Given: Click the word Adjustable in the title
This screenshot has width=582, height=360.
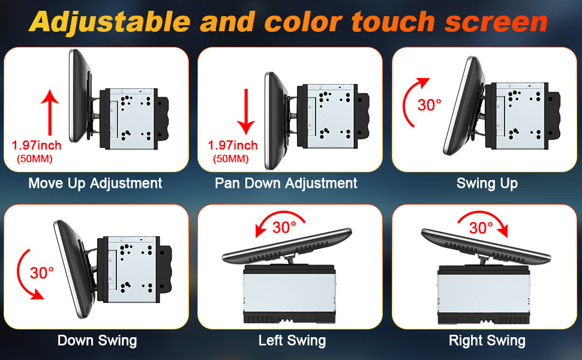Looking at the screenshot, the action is (109, 22).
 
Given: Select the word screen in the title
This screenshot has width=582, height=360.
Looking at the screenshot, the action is (496, 23).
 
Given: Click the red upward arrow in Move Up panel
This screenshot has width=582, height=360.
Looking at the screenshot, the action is (50, 112).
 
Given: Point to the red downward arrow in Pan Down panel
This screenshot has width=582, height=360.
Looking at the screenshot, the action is (246, 112).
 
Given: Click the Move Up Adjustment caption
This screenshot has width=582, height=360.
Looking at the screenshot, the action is (95, 184).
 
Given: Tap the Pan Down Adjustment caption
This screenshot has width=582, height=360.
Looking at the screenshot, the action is (286, 184).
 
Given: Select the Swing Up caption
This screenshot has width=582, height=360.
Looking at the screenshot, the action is (487, 184).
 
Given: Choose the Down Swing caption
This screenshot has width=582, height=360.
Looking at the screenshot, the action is (97, 341).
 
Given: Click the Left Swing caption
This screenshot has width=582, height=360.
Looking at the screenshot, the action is (292, 341).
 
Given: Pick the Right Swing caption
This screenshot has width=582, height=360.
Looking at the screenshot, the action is (487, 341).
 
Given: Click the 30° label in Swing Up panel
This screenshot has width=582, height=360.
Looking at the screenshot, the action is (430, 105).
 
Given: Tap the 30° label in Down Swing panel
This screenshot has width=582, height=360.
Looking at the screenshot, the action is (41, 273).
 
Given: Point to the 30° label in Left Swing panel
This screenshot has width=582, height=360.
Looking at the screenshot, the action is (284, 227).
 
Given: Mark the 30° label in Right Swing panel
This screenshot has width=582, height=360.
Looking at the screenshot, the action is (481, 227).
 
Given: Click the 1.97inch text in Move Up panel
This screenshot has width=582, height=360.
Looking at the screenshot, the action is (37, 145).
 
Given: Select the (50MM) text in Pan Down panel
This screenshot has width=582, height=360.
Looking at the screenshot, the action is (231, 159).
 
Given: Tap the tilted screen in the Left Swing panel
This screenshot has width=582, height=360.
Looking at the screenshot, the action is (287, 245).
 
